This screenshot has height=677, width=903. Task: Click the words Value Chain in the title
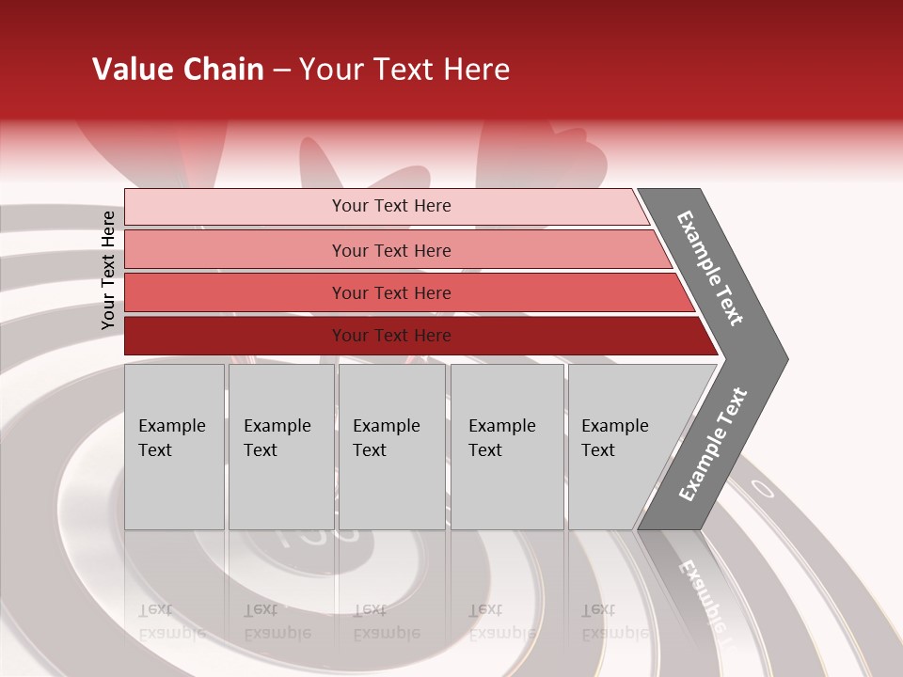[178, 70]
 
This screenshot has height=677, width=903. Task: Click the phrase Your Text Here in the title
[404, 70]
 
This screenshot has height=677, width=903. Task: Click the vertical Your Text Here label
[108, 271]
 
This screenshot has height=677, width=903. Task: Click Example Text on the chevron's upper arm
[710, 268]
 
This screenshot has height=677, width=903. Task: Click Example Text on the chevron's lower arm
[713, 445]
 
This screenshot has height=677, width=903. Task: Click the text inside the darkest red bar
[391, 336]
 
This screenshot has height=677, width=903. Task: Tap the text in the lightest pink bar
[391, 206]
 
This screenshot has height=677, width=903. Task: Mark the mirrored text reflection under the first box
[172, 622]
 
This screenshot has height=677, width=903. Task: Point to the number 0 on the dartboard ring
[763, 489]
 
